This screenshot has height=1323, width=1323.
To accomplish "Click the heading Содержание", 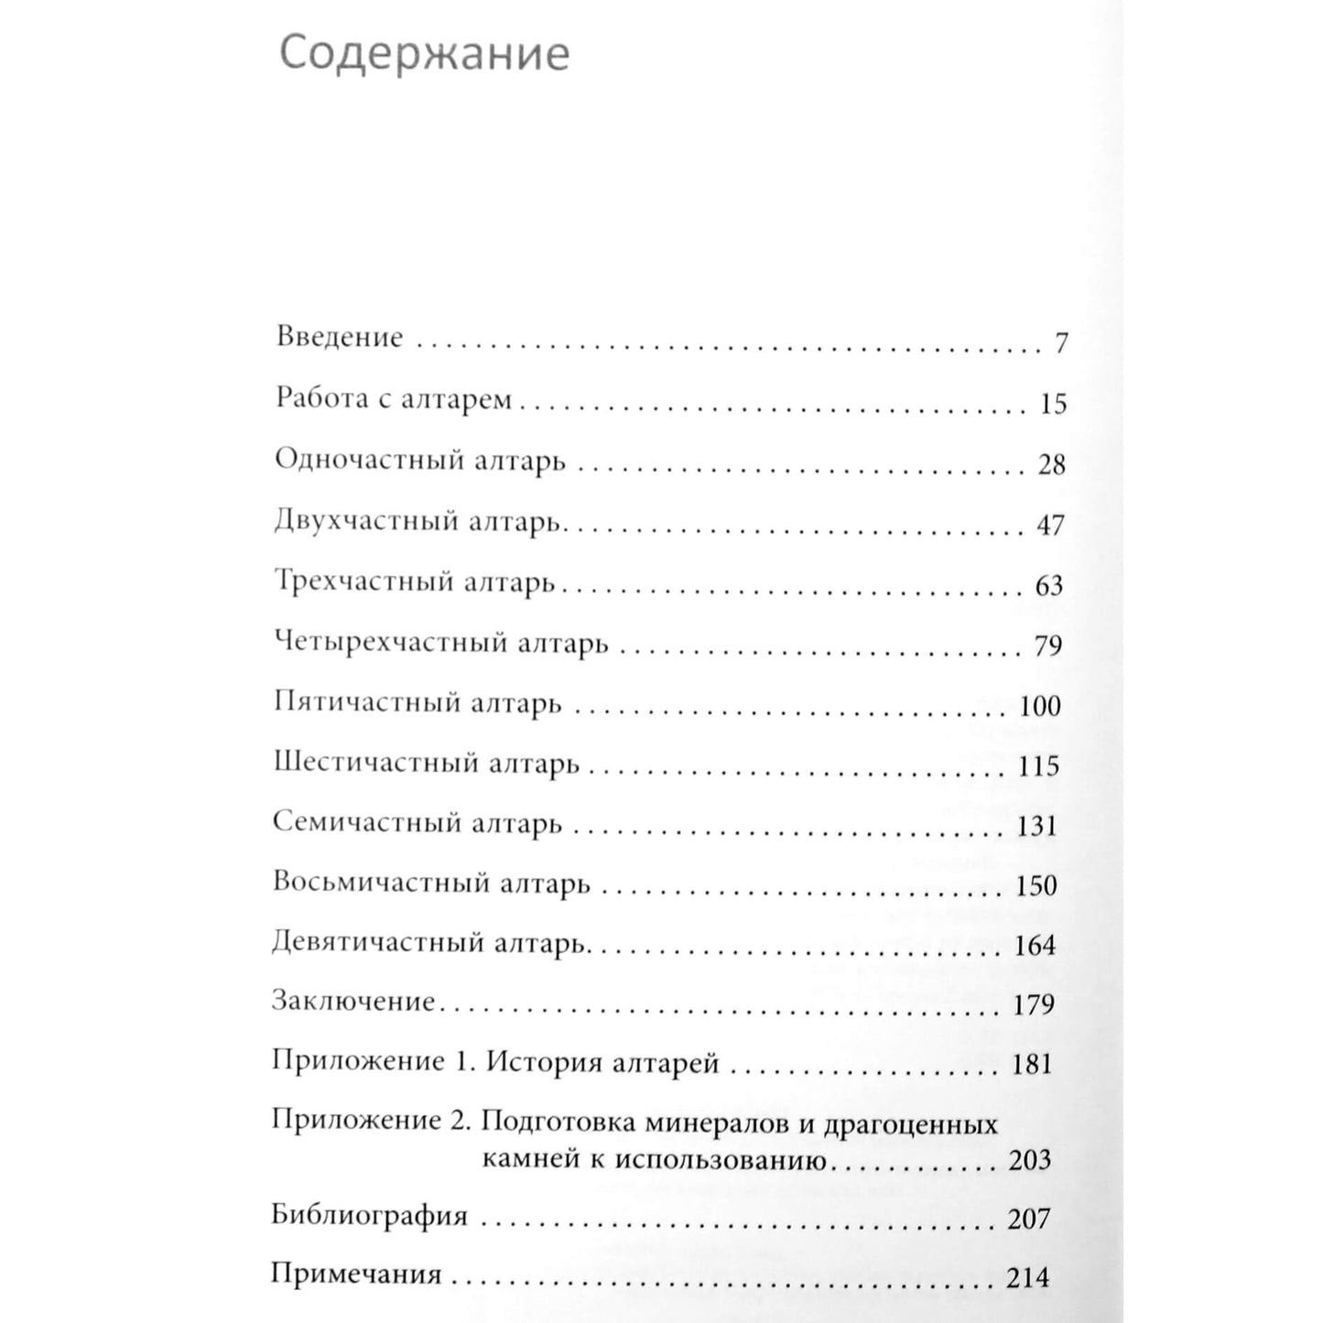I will pyautogui.click(x=424, y=54).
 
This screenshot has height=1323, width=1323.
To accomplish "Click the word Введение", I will pyautogui.click(x=339, y=337).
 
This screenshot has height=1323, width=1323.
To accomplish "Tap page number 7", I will pyautogui.click(x=1061, y=343).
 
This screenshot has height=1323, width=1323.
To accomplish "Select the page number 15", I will pyautogui.click(x=1053, y=404).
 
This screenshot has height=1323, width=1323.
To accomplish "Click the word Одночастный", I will pyautogui.click(x=370, y=460).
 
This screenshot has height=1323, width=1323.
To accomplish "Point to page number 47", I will pyautogui.click(x=1051, y=525).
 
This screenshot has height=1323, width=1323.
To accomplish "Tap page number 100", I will pyautogui.click(x=1039, y=706).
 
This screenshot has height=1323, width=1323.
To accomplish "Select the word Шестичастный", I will pyautogui.click(x=367, y=763).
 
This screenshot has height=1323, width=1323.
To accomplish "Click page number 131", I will pyautogui.click(x=1036, y=826).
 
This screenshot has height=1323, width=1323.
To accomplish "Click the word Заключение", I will pyautogui.click(x=352, y=1001).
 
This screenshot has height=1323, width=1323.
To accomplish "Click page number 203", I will pyautogui.click(x=1029, y=1160).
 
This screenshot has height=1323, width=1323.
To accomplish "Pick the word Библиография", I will pyautogui.click(x=369, y=1217).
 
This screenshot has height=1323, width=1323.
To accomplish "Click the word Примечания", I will pyautogui.click(x=356, y=1274).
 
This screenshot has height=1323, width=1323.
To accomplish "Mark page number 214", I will pyautogui.click(x=1027, y=1277).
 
